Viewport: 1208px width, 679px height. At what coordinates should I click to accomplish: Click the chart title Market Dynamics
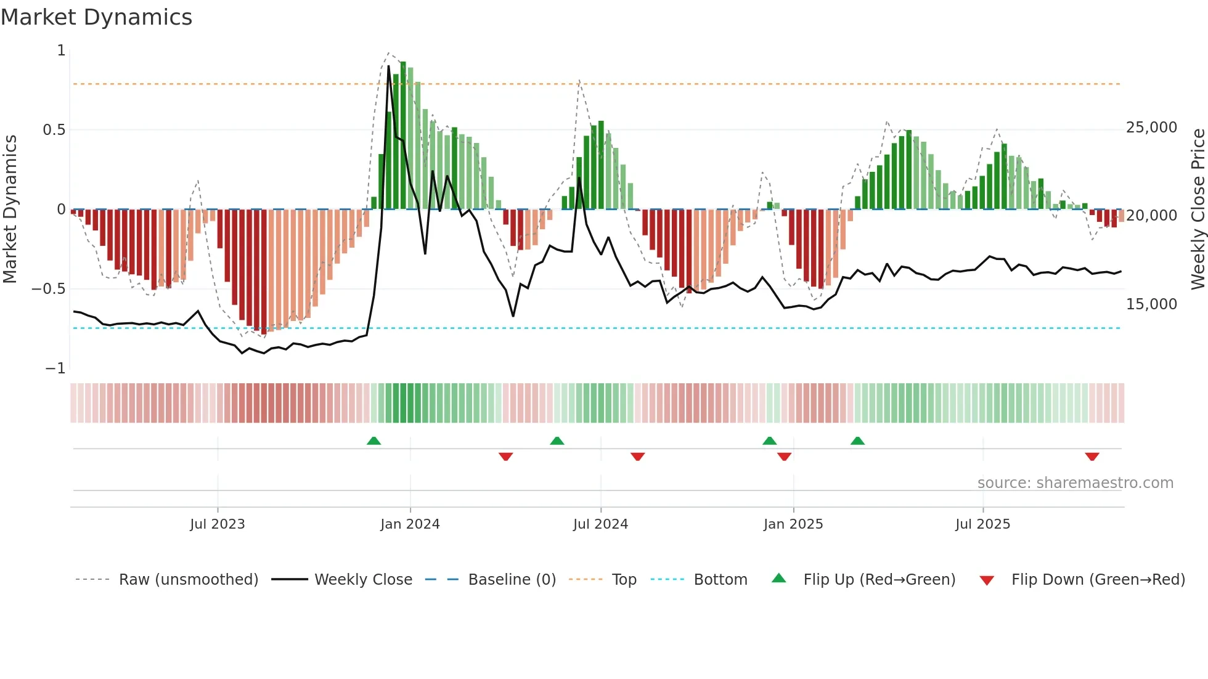[x=96, y=17]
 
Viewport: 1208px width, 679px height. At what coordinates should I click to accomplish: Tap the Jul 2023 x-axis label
[x=217, y=524]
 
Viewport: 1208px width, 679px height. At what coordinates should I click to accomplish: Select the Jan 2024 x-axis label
[x=410, y=524]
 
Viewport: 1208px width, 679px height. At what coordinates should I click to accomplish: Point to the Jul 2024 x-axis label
[x=600, y=524]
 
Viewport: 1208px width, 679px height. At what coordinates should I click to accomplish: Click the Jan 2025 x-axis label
[x=793, y=524]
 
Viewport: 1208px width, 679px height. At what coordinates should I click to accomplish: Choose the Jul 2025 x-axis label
[x=982, y=524]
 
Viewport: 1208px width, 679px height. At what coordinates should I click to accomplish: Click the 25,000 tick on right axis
[x=1151, y=128]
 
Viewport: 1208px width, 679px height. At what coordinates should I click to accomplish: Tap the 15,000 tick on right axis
[x=1151, y=304]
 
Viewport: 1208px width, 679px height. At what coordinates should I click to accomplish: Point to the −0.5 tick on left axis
[x=48, y=289]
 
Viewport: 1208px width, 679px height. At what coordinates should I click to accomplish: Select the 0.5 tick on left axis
[x=54, y=130]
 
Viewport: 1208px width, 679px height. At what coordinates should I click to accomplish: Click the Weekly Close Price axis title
[x=1198, y=209]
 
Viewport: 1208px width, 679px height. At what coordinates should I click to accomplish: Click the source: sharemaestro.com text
[x=1075, y=483]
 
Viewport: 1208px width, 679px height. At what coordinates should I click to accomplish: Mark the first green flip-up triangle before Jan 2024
[x=373, y=441]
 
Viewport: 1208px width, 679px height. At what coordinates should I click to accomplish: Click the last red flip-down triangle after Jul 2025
[x=1092, y=457]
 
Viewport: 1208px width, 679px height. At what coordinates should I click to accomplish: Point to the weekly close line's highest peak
[x=388, y=67]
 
